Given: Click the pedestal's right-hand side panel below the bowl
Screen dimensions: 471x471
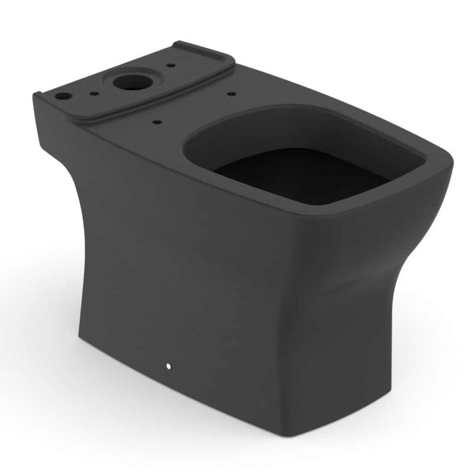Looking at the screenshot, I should [377, 303].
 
